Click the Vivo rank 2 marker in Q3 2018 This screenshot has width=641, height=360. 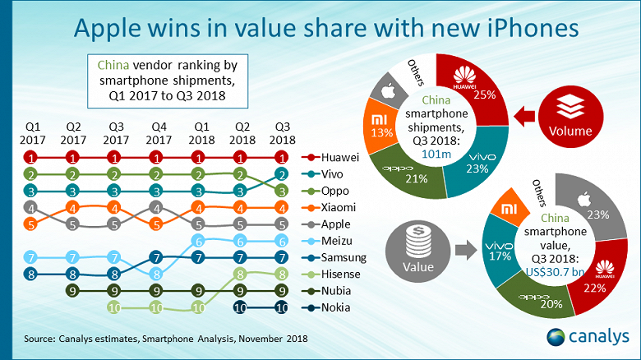[283, 174]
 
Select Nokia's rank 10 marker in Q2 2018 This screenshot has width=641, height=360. [241, 307]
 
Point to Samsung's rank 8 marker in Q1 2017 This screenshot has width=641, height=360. [30, 275]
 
